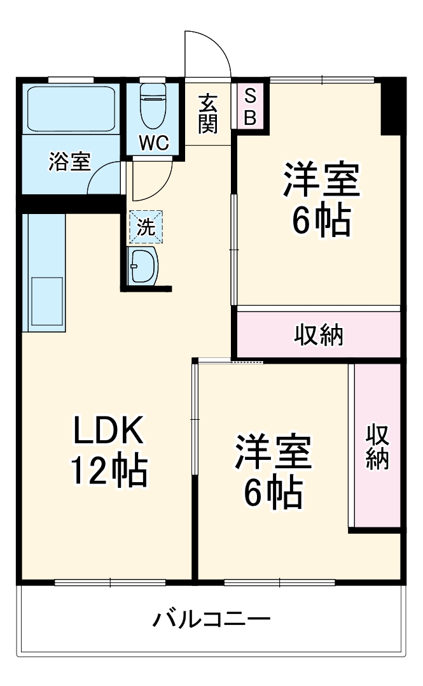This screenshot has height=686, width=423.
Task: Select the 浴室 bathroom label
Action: click(69, 162)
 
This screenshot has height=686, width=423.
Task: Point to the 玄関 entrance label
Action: click(207, 114)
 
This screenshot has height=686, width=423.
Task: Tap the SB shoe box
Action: click(250, 106)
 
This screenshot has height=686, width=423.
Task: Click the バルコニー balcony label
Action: click(211, 618)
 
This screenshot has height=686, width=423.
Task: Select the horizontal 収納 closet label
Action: click(319, 335)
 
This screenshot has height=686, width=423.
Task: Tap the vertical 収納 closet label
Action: click(377, 447)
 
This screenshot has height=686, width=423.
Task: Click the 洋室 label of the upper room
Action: click(322, 181)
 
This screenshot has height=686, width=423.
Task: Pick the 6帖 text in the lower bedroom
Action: click(274, 492)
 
